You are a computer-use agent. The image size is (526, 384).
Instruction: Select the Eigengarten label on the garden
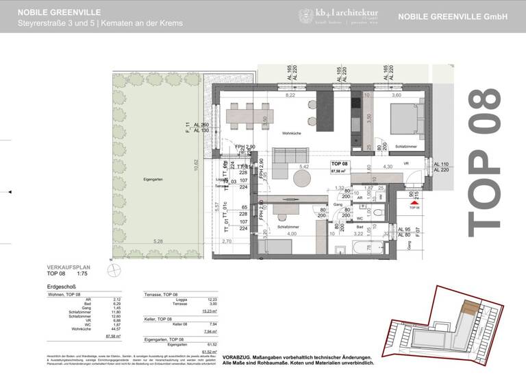pyautogui.click(x=154, y=179)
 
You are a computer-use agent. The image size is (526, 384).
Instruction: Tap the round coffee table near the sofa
pyautogui.click(x=303, y=180)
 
